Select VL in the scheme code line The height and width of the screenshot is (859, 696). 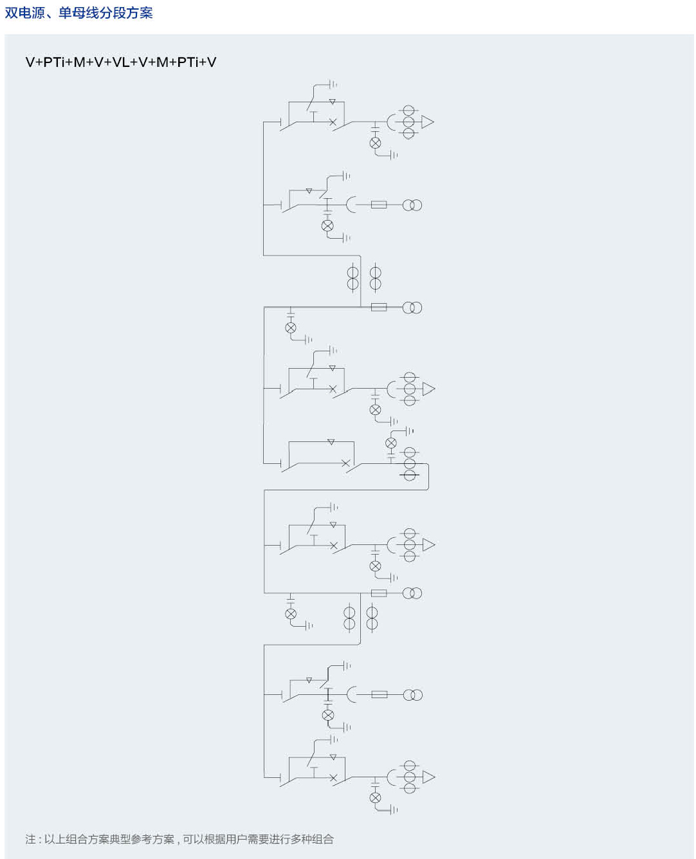pos(121,62)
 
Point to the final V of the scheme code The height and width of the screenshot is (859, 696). pos(212,62)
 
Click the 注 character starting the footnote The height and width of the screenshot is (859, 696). pos(30,839)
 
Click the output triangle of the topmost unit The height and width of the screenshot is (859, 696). pos(428,122)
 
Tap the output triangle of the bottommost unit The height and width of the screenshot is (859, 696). pos(428,777)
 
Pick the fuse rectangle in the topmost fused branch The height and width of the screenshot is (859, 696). pos(379,205)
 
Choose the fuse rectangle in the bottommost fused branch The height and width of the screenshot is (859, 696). pos(379,695)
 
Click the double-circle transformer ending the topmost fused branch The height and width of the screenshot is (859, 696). pos(412,205)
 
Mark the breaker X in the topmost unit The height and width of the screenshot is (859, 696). pos(333,122)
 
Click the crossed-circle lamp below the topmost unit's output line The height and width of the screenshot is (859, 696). pos(376,143)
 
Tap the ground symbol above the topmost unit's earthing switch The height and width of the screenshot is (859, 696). pos(333,84)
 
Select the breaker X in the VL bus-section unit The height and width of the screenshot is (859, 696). pos(345,463)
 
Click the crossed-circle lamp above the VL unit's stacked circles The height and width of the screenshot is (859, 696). pos(391,443)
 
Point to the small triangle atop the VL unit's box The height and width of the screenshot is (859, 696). pos(331,442)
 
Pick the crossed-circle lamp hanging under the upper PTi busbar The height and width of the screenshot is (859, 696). pos(291,328)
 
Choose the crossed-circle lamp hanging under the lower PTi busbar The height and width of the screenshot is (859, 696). pos(291,614)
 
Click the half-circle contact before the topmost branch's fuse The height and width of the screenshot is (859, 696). pos(351,205)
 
